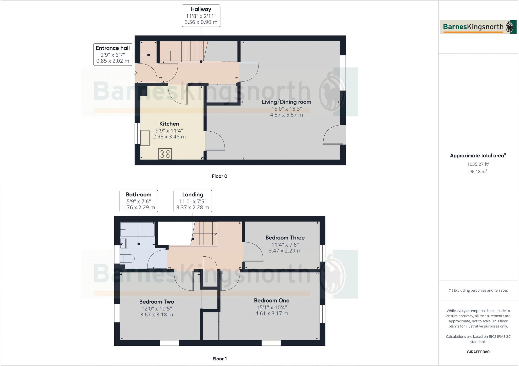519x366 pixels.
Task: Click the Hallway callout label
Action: (x=201, y=16)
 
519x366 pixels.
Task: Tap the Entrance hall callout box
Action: (x=113, y=54)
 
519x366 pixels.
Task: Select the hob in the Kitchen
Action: (x=165, y=154)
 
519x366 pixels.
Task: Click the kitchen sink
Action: (x=145, y=138)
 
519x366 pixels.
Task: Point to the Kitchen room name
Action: (x=169, y=124)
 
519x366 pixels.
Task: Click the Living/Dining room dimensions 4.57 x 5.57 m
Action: (x=286, y=115)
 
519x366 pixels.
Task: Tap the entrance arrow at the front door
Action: (x=135, y=73)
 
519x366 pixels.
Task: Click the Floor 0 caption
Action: (x=219, y=176)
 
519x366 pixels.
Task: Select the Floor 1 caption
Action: (x=219, y=359)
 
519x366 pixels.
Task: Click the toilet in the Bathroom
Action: (x=127, y=259)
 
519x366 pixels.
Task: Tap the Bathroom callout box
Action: (x=139, y=201)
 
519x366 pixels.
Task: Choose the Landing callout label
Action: (x=193, y=201)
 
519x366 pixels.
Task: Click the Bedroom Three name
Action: (x=285, y=238)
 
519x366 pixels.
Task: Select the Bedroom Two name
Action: (x=157, y=302)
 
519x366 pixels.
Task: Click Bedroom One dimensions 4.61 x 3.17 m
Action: (x=272, y=313)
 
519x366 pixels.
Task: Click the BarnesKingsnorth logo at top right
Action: (x=478, y=27)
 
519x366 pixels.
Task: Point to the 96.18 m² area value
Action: (x=478, y=172)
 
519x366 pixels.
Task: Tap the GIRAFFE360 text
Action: (x=478, y=352)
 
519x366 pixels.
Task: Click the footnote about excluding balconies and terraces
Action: (x=478, y=290)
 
